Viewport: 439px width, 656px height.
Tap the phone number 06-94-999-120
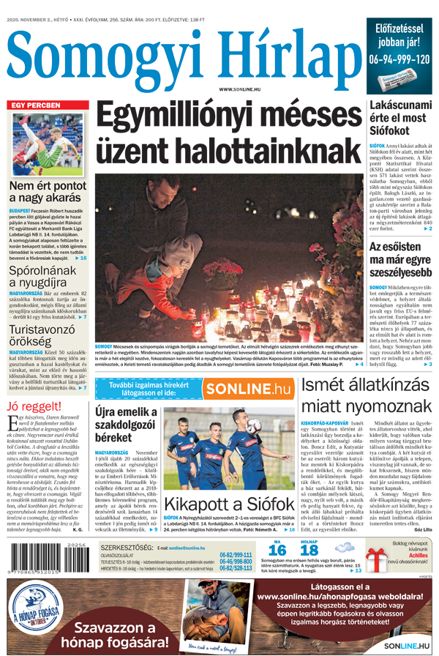399,59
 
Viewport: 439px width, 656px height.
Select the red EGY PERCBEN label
35,105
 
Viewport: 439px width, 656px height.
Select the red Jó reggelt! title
34,407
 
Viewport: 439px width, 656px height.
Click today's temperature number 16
277,550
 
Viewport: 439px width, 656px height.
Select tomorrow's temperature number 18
310,550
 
